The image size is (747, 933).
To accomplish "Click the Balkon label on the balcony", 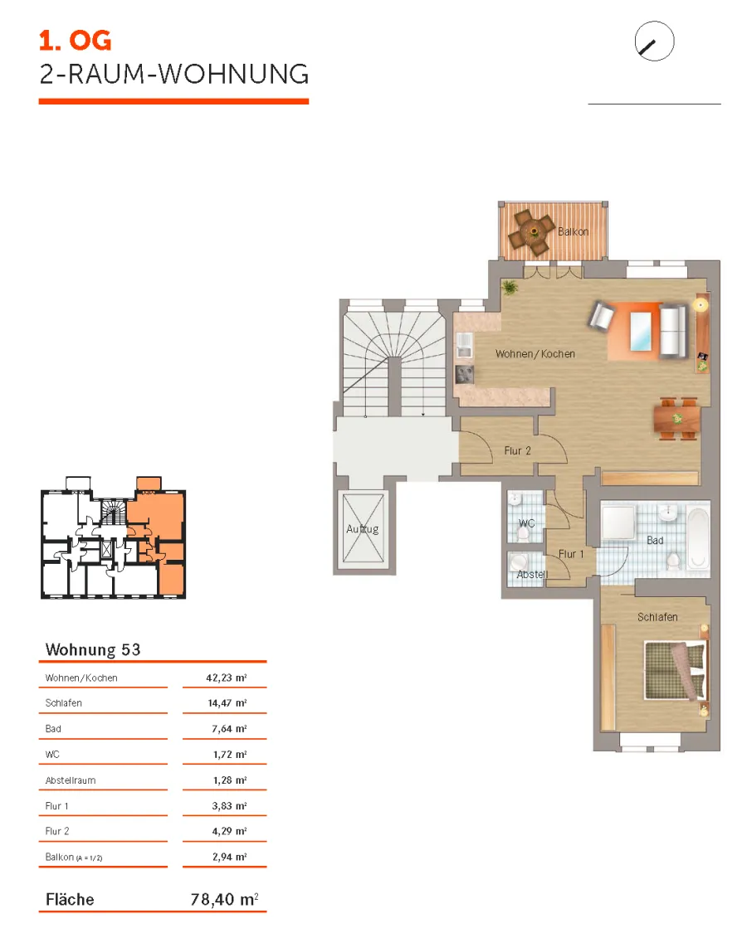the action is (573, 231).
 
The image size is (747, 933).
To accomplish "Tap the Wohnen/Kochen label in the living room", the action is (535, 353).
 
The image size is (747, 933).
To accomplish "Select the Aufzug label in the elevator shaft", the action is (362, 529).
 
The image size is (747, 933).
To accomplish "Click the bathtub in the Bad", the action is (697, 537).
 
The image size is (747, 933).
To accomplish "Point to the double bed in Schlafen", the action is (676, 670).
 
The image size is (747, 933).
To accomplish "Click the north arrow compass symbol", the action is (654, 41).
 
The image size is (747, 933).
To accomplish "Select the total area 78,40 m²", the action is (225, 898).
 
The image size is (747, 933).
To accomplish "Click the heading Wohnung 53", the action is (93, 649).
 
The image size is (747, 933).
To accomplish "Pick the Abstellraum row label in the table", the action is (71, 780).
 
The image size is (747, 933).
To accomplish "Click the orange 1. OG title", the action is (75, 41).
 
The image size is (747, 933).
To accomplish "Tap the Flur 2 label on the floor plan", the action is (517, 451).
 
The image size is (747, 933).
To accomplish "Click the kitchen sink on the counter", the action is (464, 345).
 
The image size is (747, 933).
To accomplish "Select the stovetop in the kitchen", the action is (465, 374).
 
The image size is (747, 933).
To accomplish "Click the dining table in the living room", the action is (676, 419).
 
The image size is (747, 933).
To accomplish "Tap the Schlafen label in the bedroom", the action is (657, 617).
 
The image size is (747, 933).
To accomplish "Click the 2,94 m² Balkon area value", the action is (229, 857).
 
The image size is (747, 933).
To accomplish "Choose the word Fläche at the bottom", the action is (70, 899).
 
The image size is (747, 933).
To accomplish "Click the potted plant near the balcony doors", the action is (510, 288).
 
